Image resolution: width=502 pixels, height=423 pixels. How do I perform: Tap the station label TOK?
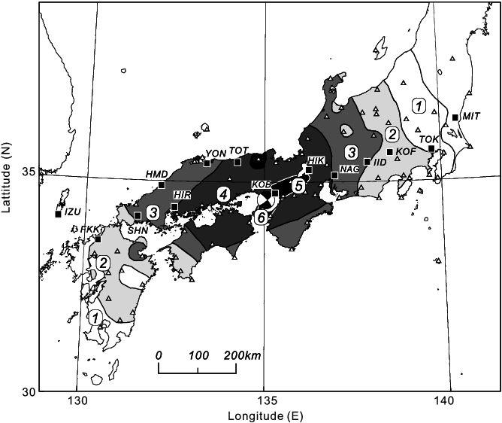[429, 139]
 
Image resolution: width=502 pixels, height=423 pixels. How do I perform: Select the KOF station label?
[406, 152]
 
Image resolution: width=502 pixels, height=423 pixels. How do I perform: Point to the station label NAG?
[349, 169]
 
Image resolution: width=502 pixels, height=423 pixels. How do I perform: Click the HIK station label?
[316, 161]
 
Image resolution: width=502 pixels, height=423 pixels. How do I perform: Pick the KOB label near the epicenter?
[261, 184]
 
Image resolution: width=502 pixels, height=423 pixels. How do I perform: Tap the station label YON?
[216, 153]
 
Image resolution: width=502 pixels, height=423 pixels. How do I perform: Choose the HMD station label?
[156, 175]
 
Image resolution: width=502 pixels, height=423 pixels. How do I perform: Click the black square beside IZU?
[59, 214]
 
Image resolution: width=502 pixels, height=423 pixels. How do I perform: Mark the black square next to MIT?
[455, 117]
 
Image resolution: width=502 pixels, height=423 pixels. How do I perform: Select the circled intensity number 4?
[223, 193]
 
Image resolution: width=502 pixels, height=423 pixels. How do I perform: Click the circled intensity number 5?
[298, 185]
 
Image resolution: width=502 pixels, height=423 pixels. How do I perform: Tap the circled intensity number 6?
[261, 218]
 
